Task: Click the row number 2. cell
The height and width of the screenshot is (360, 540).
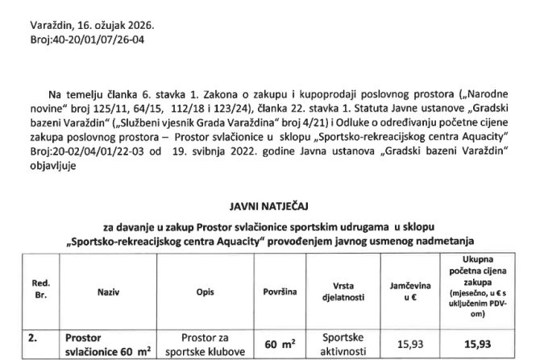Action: (35, 337)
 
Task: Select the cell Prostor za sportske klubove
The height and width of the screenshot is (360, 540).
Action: (204, 345)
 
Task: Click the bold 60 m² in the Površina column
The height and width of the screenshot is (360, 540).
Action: (280, 344)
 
